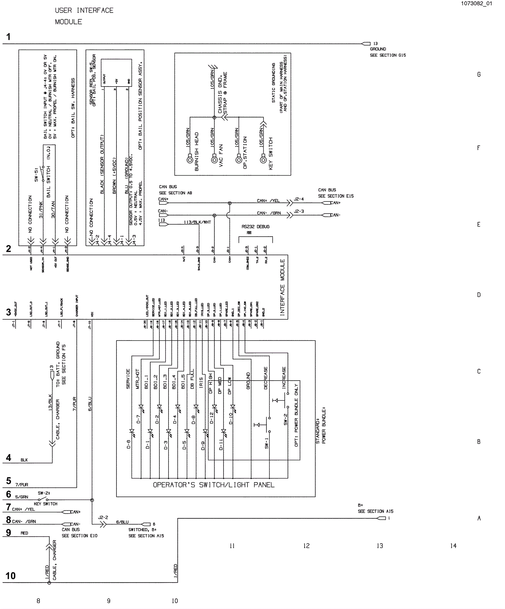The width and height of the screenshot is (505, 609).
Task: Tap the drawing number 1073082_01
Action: (x=476, y=3)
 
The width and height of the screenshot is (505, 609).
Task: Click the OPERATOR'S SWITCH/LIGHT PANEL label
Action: (x=214, y=485)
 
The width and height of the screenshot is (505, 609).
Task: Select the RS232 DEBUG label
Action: (x=255, y=226)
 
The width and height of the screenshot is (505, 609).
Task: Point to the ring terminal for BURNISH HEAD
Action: (x=190, y=160)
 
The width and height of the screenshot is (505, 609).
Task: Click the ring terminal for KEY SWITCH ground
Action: (x=263, y=160)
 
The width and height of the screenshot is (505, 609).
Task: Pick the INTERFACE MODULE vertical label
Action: (x=282, y=287)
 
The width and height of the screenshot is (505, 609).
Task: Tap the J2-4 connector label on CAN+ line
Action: (x=299, y=199)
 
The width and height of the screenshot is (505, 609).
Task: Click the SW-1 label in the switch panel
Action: (x=266, y=443)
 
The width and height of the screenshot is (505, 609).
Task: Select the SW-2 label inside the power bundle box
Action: (x=285, y=419)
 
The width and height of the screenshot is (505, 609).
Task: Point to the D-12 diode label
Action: (x=211, y=418)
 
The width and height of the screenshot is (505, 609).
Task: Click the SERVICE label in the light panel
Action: (x=128, y=379)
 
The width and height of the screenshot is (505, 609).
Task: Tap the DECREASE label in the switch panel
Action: (x=266, y=378)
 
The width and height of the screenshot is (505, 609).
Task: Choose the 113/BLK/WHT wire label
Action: (x=197, y=222)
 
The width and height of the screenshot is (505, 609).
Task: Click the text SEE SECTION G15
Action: (x=388, y=55)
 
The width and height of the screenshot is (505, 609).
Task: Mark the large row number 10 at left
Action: (x=10, y=576)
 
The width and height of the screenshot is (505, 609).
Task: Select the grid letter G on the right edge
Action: (x=479, y=75)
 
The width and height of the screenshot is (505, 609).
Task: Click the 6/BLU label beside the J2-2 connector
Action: (x=122, y=522)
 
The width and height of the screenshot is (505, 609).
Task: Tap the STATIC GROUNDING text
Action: (x=274, y=83)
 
